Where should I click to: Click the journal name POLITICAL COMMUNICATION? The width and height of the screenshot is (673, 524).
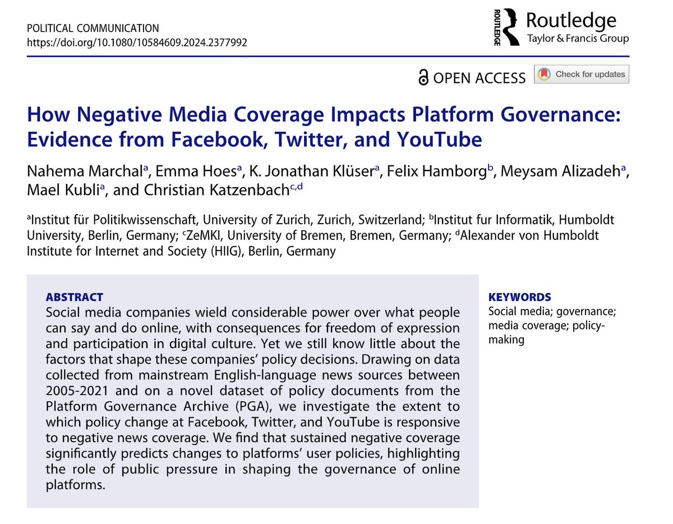[93, 28]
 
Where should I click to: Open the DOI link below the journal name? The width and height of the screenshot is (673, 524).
[137, 42]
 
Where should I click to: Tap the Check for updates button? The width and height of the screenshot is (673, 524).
[582, 75]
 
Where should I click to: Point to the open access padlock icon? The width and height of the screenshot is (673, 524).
[423, 78]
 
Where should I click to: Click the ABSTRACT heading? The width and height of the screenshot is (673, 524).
[75, 297]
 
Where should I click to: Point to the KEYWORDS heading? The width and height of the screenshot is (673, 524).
[519, 297]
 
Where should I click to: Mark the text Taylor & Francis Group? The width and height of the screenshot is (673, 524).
[578, 39]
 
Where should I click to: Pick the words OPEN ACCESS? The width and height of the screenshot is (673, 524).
[480, 78]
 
